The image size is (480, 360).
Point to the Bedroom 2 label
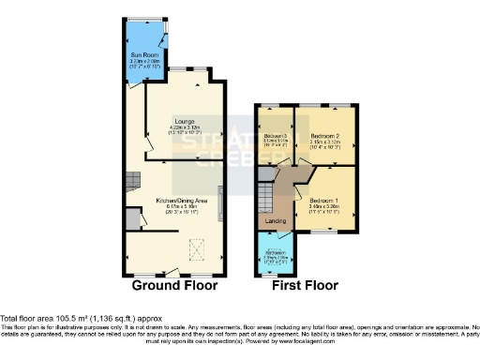[x=323, y=135]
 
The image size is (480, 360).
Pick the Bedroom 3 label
[x=276, y=135]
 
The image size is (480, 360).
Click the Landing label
[x=276, y=221]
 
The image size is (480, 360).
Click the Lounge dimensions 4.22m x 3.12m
[x=183, y=132]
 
